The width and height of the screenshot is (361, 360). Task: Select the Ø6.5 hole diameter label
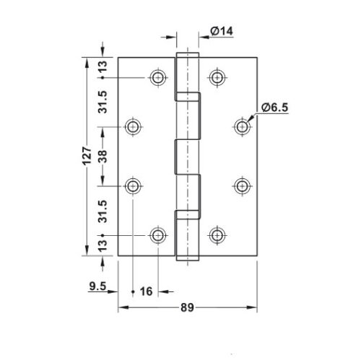click(x=275, y=107)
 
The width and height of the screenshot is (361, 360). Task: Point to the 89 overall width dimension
click(x=186, y=308)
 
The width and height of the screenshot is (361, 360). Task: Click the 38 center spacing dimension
click(x=104, y=157)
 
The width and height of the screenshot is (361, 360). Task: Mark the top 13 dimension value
click(x=104, y=67)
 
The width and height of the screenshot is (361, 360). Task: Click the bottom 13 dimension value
click(x=104, y=245)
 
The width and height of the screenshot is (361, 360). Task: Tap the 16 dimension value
click(x=145, y=291)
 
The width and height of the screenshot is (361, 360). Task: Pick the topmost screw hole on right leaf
click(x=215, y=77)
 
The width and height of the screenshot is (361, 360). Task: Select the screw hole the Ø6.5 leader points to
click(x=241, y=127)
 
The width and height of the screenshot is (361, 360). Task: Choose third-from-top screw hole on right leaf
click(x=241, y=186)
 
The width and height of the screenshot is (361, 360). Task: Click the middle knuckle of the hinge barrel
click(x=186, y=157)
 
